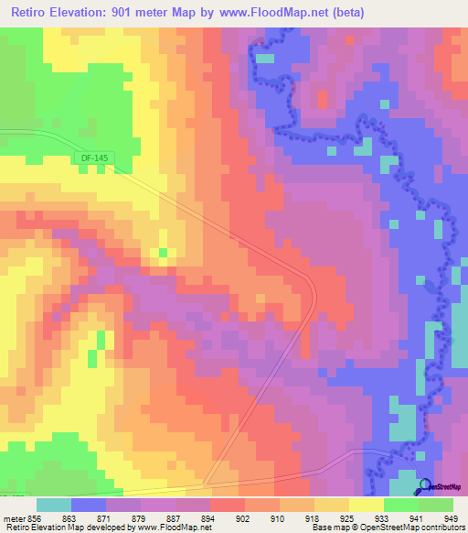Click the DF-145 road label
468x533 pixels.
click(x=94, y=158)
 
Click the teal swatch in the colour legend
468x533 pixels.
click(x=53, y=505)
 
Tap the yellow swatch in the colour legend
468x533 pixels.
click(x=366, y=505)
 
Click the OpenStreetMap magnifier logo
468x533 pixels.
click(x=423, y=487)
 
